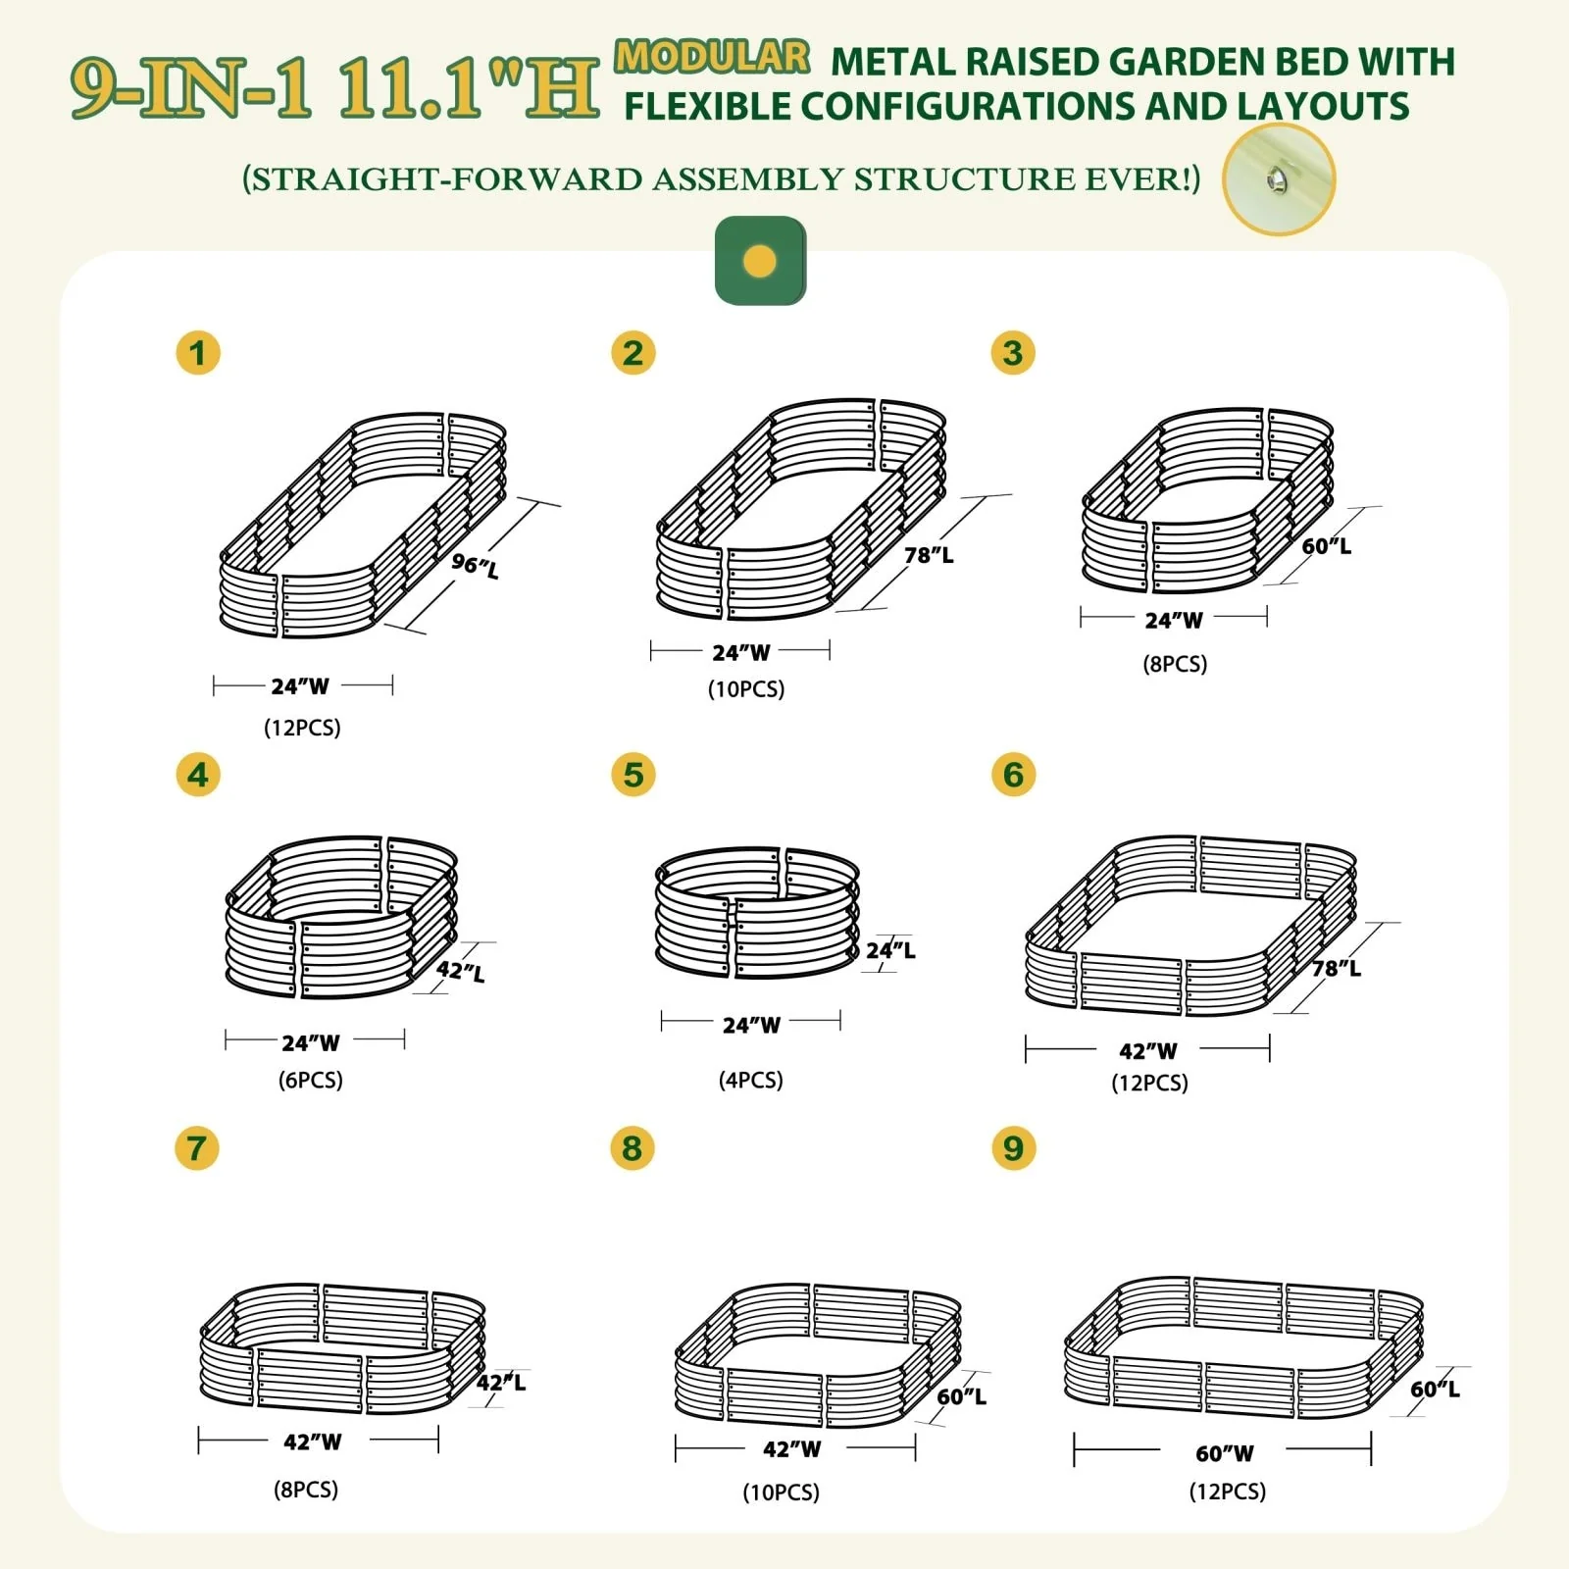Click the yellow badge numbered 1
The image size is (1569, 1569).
198,353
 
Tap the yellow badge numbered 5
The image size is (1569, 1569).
633,775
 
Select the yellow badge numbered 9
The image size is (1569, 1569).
1013,1148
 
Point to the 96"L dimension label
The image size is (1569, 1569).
476,566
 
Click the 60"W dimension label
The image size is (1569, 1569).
1225,1453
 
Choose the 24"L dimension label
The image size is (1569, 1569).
890,950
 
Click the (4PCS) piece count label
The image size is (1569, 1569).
751,1080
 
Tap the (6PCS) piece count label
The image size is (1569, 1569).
311,1080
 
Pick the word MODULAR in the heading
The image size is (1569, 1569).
712,56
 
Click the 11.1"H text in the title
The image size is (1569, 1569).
468,89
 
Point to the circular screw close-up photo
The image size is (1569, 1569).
1279,179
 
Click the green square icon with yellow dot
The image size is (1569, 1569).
760,261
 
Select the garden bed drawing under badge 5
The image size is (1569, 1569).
757,913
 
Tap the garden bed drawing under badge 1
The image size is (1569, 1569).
363,525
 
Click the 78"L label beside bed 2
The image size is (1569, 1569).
929,555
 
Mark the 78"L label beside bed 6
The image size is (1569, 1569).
1337,968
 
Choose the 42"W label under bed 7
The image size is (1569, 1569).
313,1442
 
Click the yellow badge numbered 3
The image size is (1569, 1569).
1013,353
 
